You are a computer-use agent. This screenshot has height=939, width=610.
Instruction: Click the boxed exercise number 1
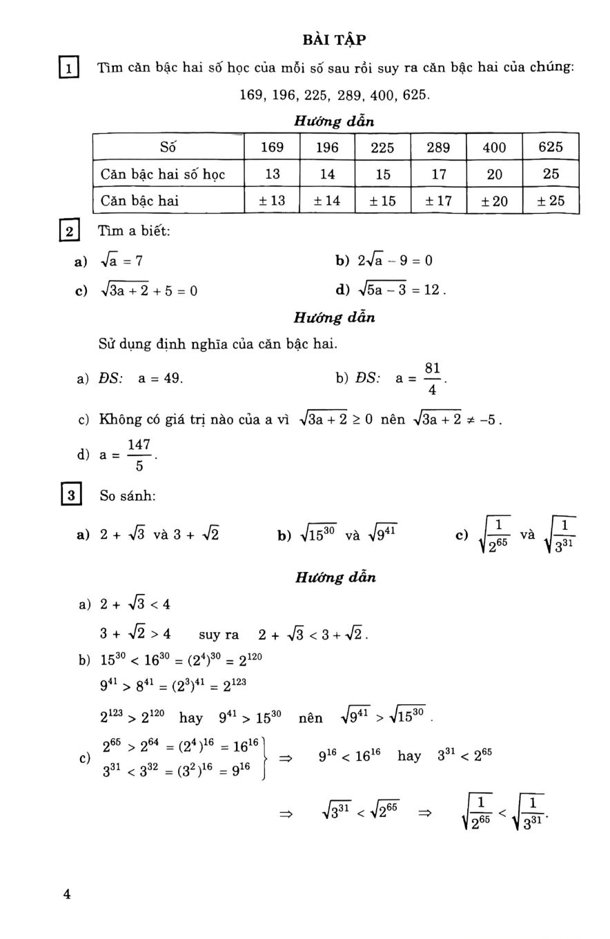coord(70,68)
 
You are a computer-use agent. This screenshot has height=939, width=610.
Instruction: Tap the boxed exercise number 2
coord(70,231)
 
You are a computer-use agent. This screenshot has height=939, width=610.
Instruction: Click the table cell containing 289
coord(438,147)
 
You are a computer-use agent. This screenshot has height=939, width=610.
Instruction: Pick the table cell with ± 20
coord(494,201)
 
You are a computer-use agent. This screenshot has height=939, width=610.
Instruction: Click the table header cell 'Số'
coord(168,147)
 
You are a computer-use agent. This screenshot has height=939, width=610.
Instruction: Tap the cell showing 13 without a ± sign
coord(273,174)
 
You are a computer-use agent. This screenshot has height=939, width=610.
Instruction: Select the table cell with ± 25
coord(551,201)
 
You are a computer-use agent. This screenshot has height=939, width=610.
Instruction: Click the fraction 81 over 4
coord(432,379)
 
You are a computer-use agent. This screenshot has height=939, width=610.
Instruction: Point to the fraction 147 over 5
coord(139,455)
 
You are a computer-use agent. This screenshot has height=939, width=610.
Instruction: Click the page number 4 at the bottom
coord(67,894)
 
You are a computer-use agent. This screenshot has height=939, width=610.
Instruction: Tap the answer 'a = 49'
coord(160,379)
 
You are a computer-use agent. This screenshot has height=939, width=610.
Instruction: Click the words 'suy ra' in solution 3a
coord(218,635)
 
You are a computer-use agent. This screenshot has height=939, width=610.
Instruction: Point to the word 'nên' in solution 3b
coord(311,718)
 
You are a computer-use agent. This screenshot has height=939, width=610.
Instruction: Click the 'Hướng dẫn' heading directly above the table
coord(334,121)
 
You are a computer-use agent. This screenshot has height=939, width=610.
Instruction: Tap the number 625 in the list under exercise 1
coord(415,95)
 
